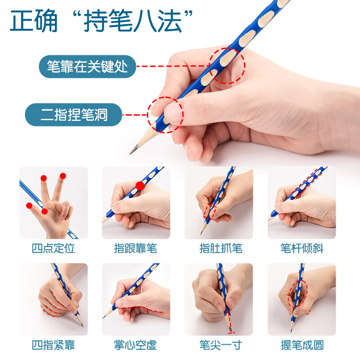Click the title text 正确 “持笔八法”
point(101,21)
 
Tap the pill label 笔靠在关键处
point(87,67)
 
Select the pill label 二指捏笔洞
point(73,115)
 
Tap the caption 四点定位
point(54,248)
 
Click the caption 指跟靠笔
point(136,248)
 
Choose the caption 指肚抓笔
point(221,248)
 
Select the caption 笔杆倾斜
point(302,248)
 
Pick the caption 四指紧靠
point(54,345)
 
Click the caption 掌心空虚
point(136,345)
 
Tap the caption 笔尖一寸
point(221,345)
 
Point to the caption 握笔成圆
point(302,345)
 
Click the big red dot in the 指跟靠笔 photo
point(140,185)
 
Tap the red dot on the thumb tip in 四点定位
point(29,206)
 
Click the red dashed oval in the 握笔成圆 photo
point(288,294)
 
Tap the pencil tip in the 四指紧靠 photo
point(82,325)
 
